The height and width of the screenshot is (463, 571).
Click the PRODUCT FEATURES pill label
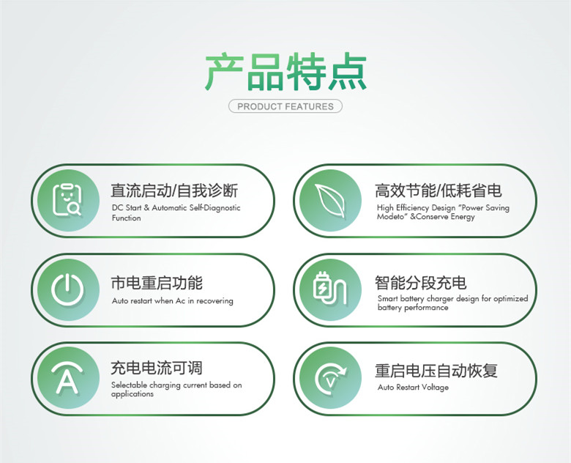[285, 106]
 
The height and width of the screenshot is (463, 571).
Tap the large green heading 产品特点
[285, 72]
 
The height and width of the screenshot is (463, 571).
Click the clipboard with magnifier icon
[67, 200]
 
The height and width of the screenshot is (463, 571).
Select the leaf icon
[330, 201]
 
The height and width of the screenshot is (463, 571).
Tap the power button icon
[67, 289]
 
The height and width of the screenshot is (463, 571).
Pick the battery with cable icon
[330, 289]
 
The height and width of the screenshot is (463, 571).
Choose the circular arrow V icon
[330, 379]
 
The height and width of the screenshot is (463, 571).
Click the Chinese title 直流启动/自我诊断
[174, 190]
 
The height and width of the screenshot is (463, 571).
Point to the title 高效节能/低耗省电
[438, 190]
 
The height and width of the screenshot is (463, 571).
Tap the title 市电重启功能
[157, 283]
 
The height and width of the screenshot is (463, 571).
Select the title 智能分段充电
[421, 283]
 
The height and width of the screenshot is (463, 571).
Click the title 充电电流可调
[157, 368]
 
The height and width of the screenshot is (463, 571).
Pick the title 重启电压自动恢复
[436, 371]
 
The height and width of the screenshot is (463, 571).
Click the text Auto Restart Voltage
[413, 387]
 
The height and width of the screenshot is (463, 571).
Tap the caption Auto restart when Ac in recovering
[173, 301]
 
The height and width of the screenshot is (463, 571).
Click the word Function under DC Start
[127, 218]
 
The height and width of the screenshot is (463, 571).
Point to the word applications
[133, 394]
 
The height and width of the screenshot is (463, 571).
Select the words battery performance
[413, 308]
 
